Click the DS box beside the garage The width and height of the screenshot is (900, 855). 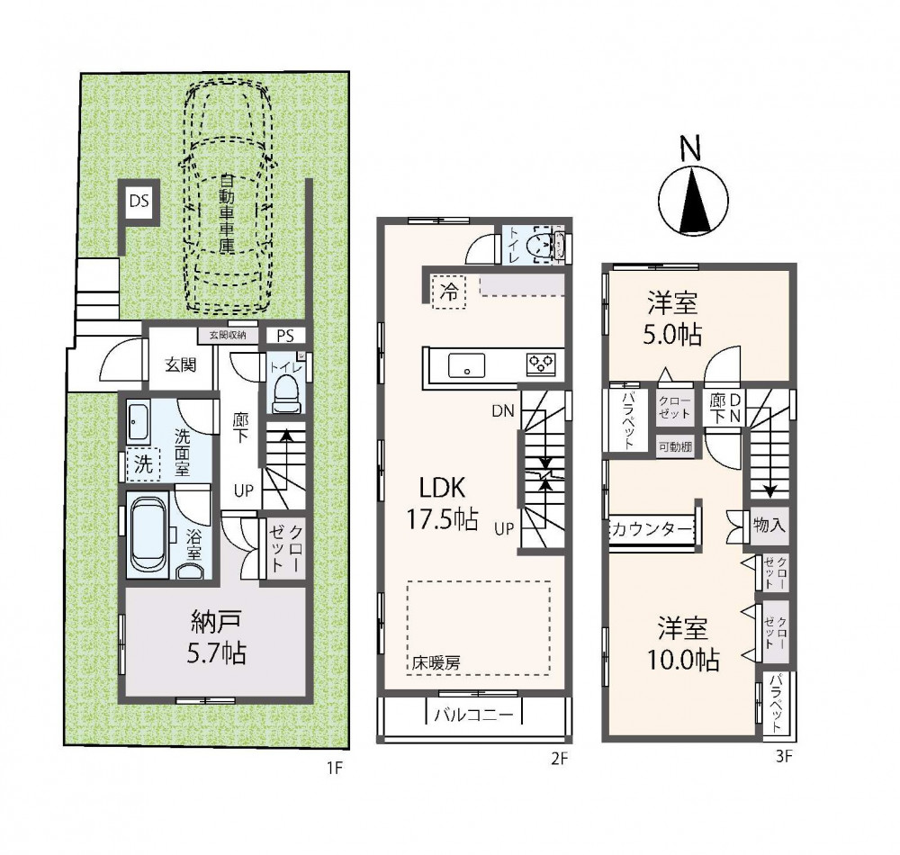click(139, 201)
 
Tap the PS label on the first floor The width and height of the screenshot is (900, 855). click(285, 336)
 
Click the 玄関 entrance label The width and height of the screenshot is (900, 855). click(181, 364)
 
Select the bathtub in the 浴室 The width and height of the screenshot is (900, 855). click(148, 534)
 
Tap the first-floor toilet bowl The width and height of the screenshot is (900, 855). click(286, 395)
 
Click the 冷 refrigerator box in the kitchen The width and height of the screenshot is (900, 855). click(448, 292)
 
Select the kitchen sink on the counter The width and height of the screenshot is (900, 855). click(466, 366)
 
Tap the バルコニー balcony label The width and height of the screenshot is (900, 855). click(473, 715)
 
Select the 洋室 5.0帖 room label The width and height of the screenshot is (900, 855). click(674, 319)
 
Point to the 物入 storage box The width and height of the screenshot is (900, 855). click(768, 525)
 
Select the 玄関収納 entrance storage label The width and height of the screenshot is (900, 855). click(228, 335)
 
